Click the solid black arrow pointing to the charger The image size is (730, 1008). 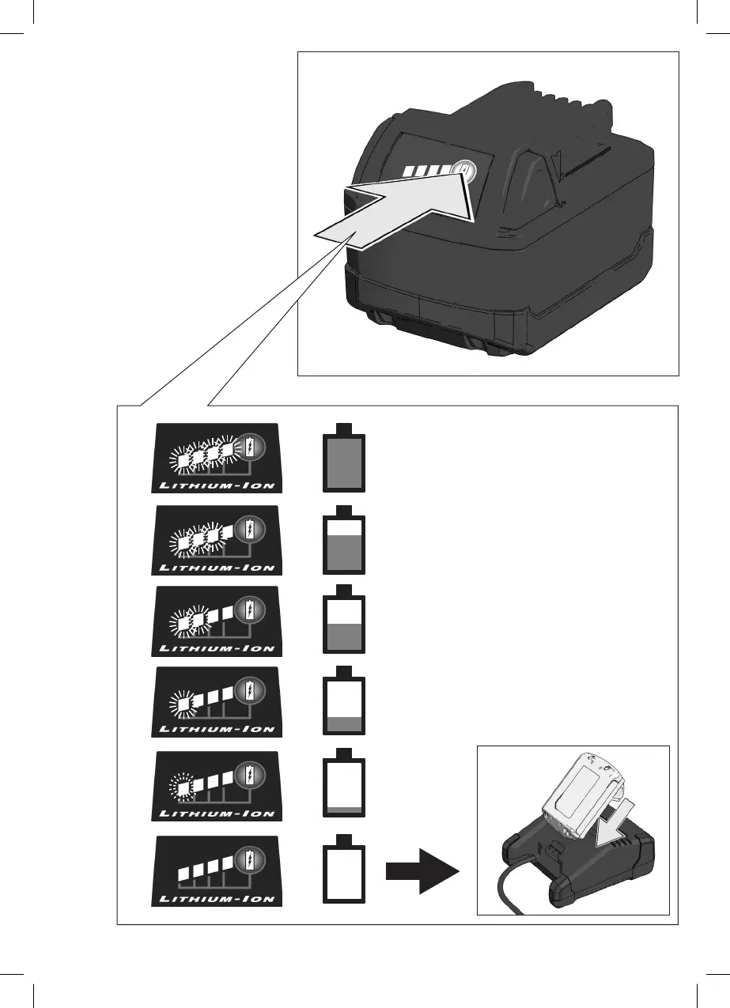(422, 871)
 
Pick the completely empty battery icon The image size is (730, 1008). (345, 870)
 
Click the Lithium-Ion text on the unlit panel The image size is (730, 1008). (217, 898)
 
